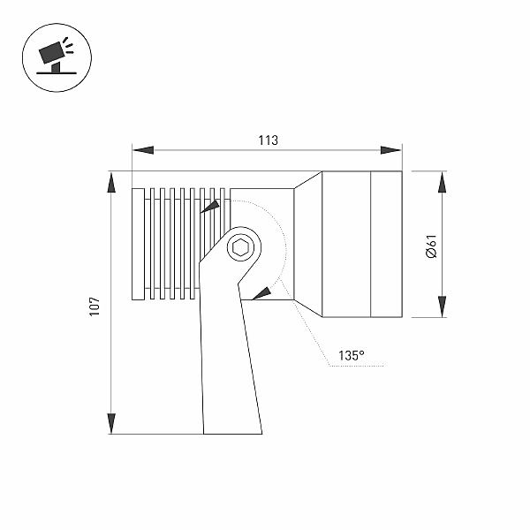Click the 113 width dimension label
pyautogui.click(x=268, y=140)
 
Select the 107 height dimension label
pyautogui.click(x=95, y=307)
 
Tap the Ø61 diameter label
pyautogui.click(x=432, y=246)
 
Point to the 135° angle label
pyautogui.click(x=352, y=356)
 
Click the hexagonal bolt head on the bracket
pyautogui.click(x=240, y=248)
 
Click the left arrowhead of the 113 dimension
pyautogui.click(x=143, y=150)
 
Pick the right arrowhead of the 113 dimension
pyautogui.click(x=391, y=150)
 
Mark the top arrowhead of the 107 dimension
pyautogui.click(x=111, y=182)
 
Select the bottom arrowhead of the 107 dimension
pyautogui.click(x=111, y=423)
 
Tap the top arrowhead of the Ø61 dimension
pyautogui.click(x=443, y=182)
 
